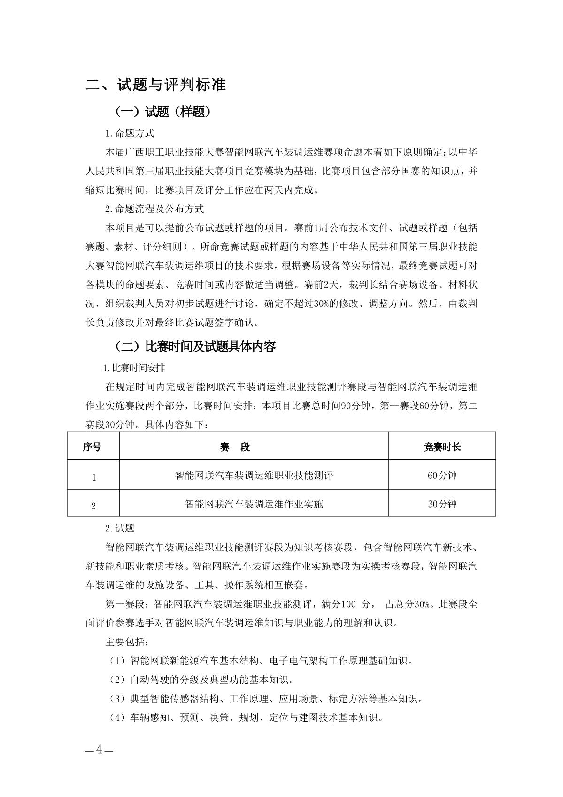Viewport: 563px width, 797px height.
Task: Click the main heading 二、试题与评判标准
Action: click(x=156, y=85)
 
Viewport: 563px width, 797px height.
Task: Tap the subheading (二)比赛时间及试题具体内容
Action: click(x=195, y=347)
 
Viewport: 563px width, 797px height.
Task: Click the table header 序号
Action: click(x=92, y=446)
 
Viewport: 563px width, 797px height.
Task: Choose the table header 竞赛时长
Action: click(x=442, y=446)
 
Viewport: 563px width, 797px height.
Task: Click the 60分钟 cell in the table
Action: click(x=442, y=475)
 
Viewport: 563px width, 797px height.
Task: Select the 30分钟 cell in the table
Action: click(x=442, y=504)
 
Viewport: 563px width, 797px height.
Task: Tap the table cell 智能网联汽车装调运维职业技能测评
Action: click(x=254, y=475)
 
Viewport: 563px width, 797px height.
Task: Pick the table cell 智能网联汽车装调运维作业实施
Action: click(x=254, y=504)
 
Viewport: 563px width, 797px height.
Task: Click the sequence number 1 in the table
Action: click(x=94, y=477)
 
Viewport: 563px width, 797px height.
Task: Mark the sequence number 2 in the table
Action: click(x=93, y=506)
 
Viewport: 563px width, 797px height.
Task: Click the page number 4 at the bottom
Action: click(x=99, y=750)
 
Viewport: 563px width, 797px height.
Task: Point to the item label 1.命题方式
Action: click(x=130, y=133)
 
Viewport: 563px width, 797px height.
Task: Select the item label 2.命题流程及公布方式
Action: click(x=154, y=209)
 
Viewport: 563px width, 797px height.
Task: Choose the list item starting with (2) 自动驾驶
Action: click(x=201, y=680)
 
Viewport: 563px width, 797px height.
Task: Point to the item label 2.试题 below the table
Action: click(x=120, y=529)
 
